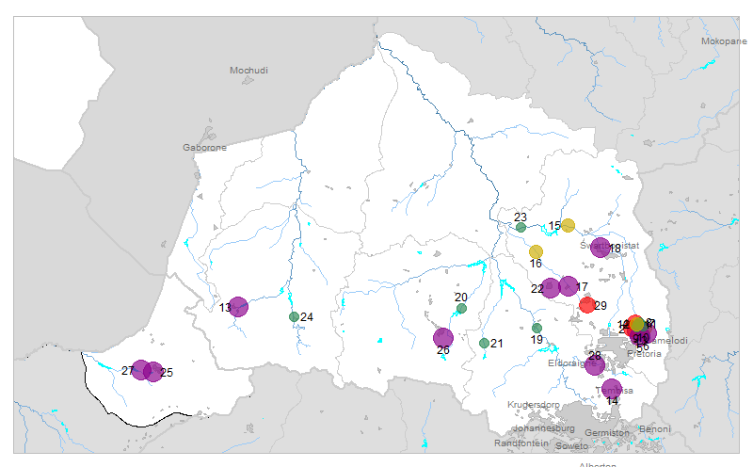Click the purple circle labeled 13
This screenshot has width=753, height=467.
(x=238, y=307)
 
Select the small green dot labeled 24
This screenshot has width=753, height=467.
(x=294, y=316)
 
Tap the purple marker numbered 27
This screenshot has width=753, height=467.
(x=141, y=370)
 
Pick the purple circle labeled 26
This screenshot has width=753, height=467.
(x=443, y=338)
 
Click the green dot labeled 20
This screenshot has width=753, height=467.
(x=461, y=308)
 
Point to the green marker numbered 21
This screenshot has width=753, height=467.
(x=484, y=344)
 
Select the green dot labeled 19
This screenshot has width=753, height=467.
(x=537, y=328)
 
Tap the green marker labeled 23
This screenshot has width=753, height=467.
(x=521, y=227)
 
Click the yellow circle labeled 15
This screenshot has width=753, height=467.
(x=568, y=225)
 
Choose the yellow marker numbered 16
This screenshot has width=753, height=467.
(x=536, y=251)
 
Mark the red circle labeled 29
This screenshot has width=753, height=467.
(x=587, y=304)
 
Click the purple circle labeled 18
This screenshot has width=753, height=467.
(x=601, y=248)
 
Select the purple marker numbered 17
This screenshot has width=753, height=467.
(x=569, y=286)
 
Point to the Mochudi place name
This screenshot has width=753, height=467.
(x=249, y=71)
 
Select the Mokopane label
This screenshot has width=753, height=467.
(x=723, y=41)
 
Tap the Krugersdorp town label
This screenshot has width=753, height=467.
(x=533, y=404)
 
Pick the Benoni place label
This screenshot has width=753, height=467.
(x=655, y=428)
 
